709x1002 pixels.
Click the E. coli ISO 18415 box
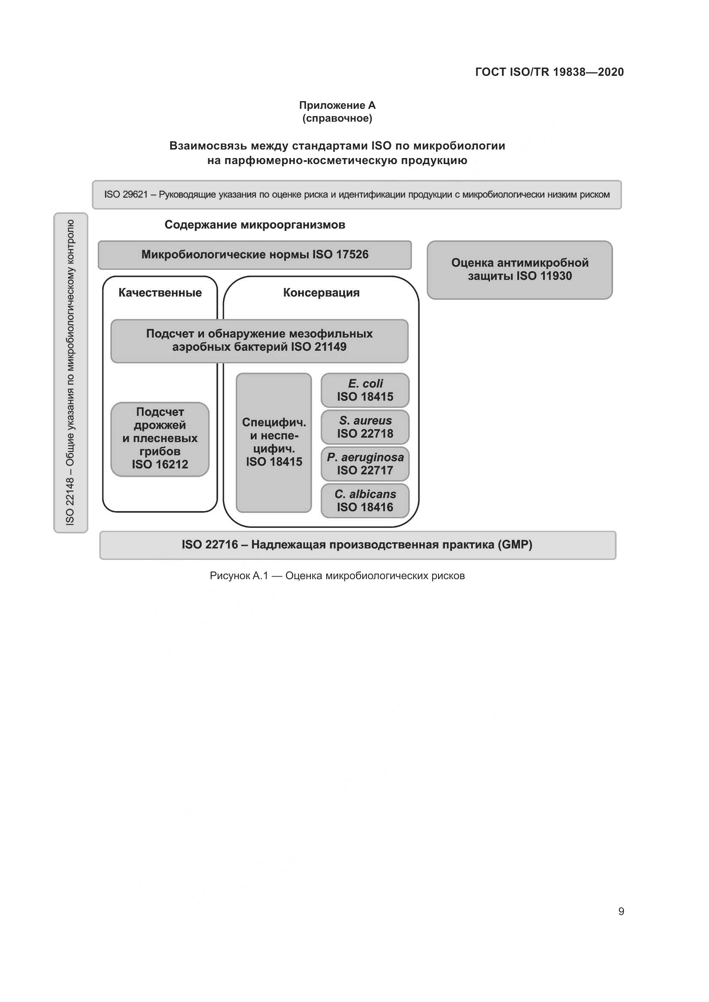365,390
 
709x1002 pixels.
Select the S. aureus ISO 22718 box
365,427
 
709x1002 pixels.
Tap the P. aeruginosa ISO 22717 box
365,464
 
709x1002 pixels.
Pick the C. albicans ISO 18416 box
365,500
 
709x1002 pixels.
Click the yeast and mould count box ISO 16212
160,439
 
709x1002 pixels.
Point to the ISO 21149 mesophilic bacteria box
259,341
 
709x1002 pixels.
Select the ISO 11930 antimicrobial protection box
520,270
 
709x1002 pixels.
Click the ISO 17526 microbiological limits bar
255,255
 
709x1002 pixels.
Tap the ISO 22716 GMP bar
357,545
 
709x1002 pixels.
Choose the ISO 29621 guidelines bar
357,194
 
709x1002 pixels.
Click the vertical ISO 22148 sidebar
70,372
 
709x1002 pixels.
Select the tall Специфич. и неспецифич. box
274,442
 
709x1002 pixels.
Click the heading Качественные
160,293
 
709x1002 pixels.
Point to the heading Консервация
321,293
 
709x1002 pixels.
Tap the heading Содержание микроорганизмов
255,225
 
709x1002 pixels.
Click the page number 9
621,911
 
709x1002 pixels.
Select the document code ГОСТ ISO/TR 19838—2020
549,72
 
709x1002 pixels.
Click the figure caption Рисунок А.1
337,576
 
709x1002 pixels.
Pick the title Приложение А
337,105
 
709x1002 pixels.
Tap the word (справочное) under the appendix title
337,118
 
